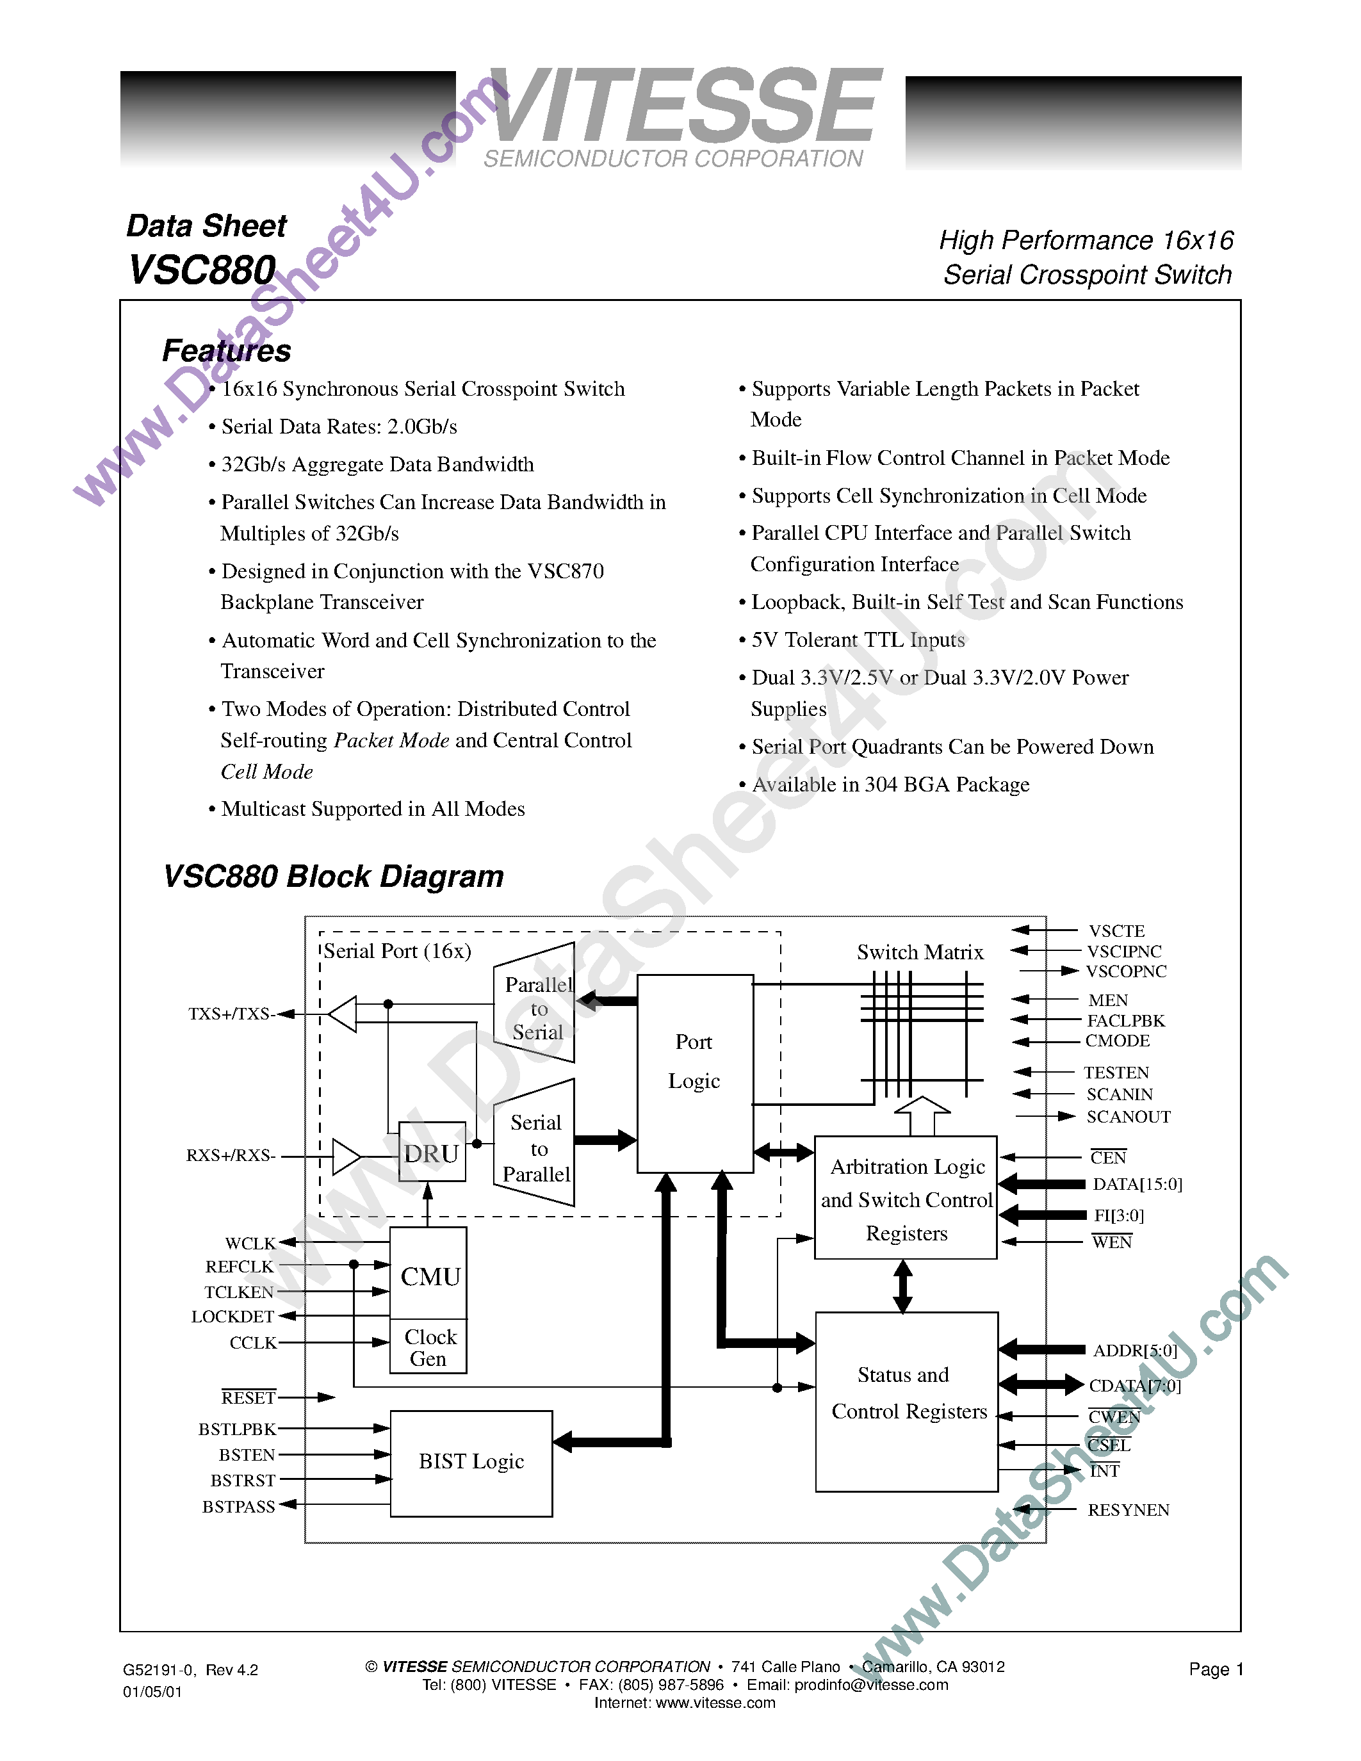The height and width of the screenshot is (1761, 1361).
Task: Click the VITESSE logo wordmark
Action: click(x=684, y=106)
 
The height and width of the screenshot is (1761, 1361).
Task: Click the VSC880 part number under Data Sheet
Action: click(x=202, y=270)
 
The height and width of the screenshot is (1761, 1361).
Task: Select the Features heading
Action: click(x=227, y=351)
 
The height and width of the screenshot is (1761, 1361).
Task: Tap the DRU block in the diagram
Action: click(x=432, y=1154)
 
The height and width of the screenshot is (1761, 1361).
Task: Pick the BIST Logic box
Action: click(x=471, y=1462)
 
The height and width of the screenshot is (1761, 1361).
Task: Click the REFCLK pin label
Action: click(x=240, y=1267)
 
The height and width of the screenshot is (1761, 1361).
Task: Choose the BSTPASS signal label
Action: click(x=239, y=1506)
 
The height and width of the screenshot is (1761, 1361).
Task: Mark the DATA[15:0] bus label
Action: click(x=1137, y=1185)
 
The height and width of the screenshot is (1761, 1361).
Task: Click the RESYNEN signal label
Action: click(x=1128, y=1510)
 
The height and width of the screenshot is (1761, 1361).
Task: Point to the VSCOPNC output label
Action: click(x=1125, y=971)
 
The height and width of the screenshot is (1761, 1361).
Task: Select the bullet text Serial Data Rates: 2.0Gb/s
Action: click(x=339, y=426)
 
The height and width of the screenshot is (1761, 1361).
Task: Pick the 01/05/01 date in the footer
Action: click(x=152, y=1692)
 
